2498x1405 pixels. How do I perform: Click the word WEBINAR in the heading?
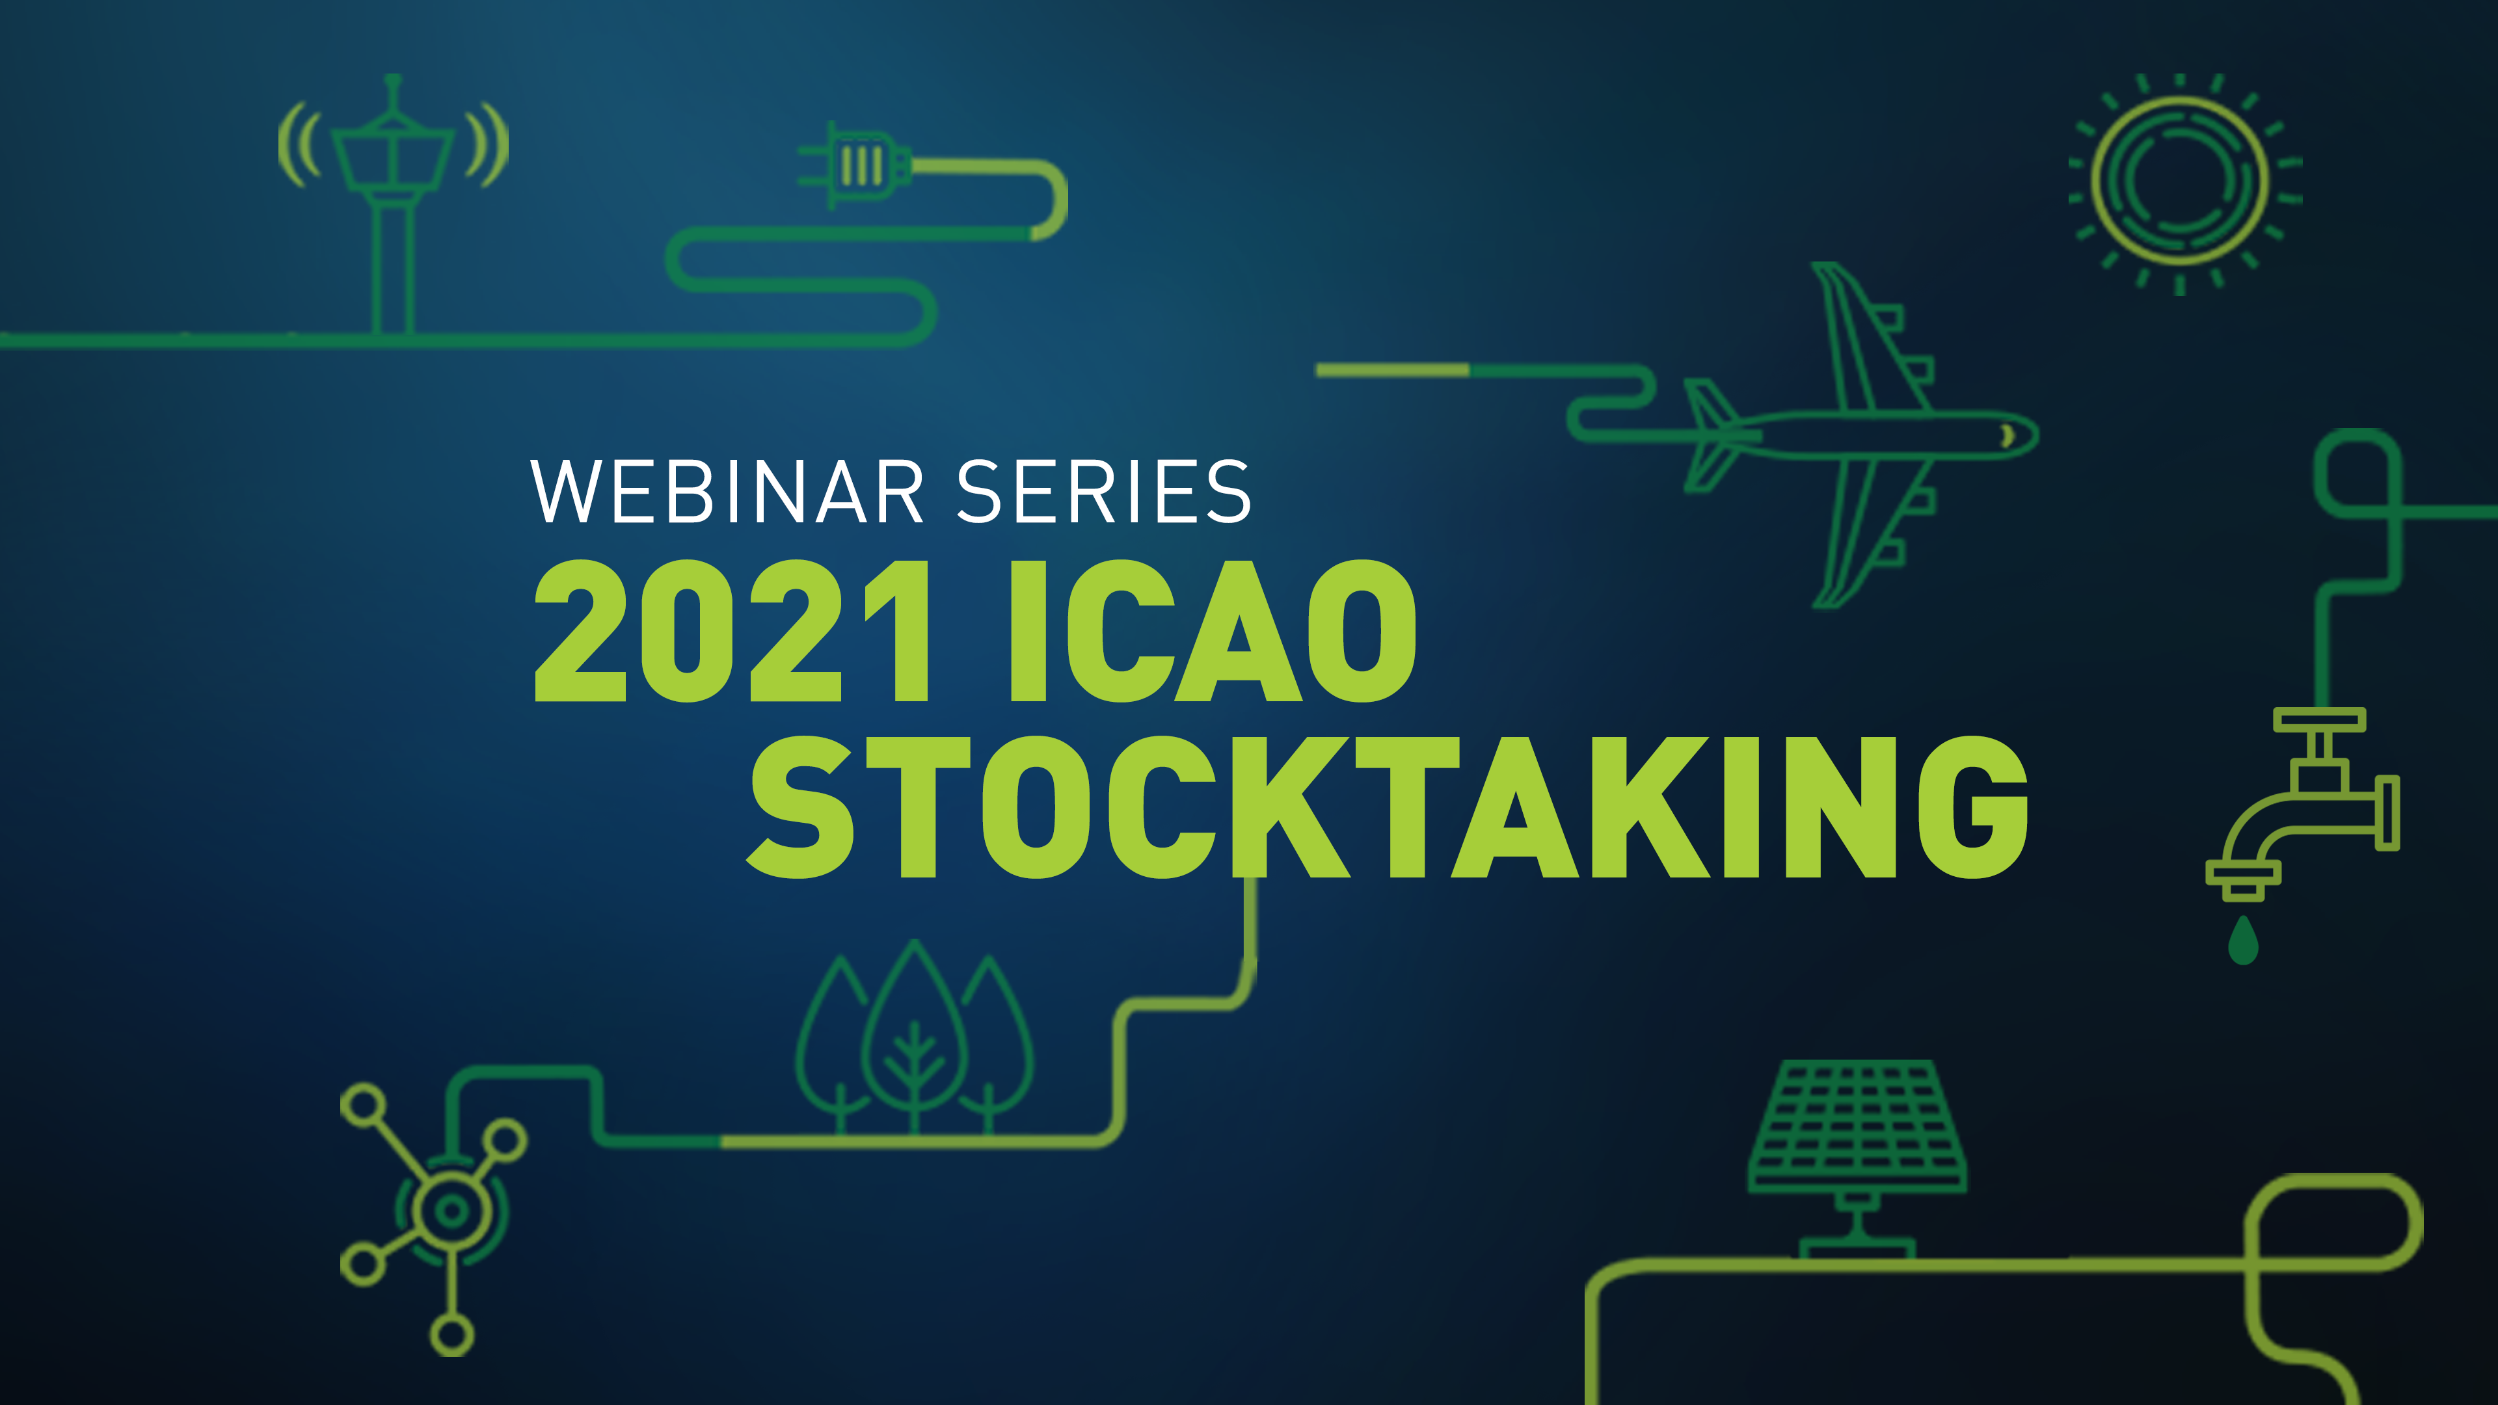point(727,492)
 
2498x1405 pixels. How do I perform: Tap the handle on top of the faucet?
point(2320,719)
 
